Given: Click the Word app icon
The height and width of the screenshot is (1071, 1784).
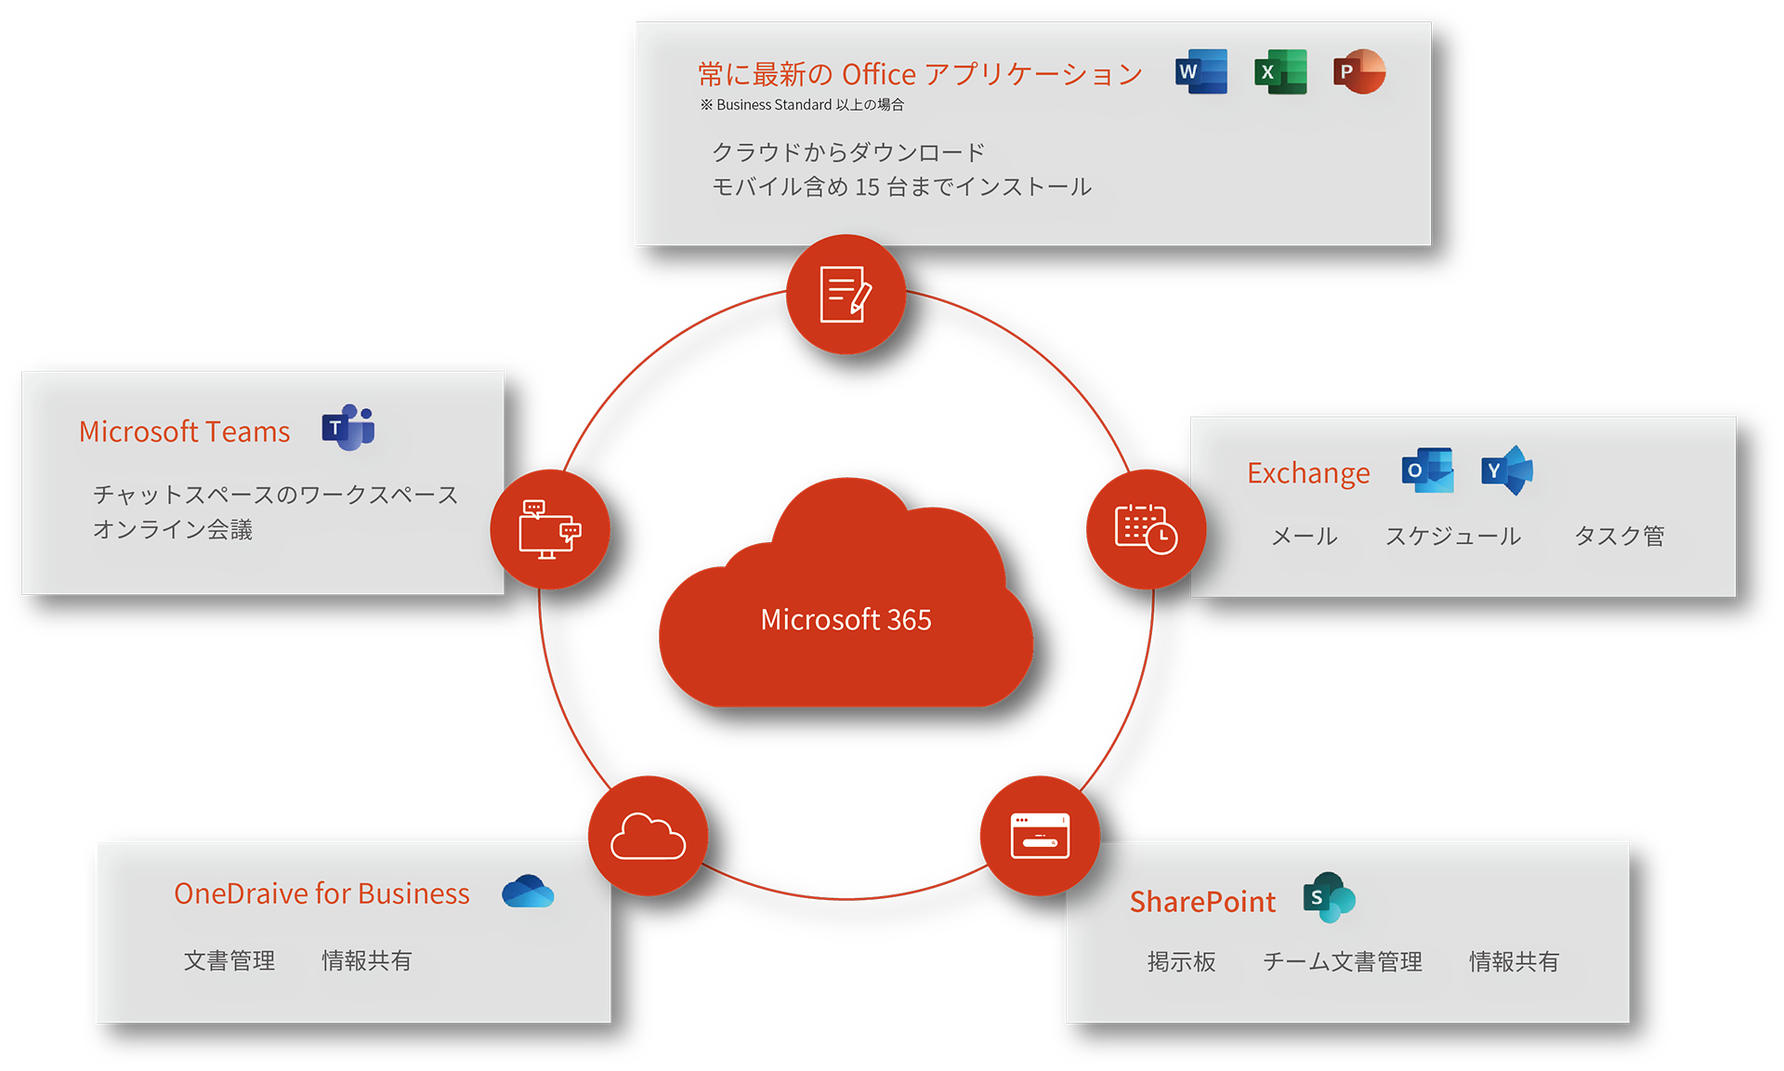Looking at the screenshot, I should coord(1201,72).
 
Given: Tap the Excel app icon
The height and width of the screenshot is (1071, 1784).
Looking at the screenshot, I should coord(1280,72).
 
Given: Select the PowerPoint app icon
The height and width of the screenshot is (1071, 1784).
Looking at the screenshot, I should coord(1358,72).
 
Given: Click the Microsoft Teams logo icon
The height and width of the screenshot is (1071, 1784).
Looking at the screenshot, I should coord(348,428).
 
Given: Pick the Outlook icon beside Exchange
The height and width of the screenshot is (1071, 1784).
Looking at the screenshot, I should coord(1427,470).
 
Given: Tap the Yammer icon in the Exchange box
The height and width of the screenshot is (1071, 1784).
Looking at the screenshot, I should coord(1506,470).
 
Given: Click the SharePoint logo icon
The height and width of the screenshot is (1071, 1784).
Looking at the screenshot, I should coord(1329,898).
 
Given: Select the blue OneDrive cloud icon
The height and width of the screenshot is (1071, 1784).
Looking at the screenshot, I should coord(528,892).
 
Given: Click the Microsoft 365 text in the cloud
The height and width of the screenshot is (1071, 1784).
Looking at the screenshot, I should coord(846,620).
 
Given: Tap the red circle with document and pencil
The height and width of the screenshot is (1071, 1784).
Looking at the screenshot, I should coord(846,295).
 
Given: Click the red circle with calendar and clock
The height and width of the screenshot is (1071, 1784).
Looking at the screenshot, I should coord(1146,529).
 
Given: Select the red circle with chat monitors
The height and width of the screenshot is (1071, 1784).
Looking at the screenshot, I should coord(550,529).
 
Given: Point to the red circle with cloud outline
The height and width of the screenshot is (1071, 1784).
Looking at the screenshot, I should coord(648,836).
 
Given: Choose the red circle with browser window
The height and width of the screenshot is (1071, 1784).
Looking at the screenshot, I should coord(1040,836).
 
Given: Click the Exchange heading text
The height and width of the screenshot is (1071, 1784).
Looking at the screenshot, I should coord(1308,473).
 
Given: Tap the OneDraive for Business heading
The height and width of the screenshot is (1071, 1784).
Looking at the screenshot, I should coord(321,893).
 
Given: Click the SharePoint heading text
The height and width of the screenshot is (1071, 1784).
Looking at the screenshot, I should coord(1202,902).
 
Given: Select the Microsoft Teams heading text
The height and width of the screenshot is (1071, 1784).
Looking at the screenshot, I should coord(184,431).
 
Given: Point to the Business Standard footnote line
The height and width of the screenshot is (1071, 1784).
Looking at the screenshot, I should coord(802,105).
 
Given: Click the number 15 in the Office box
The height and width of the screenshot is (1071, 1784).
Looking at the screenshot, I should coord(867,188).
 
